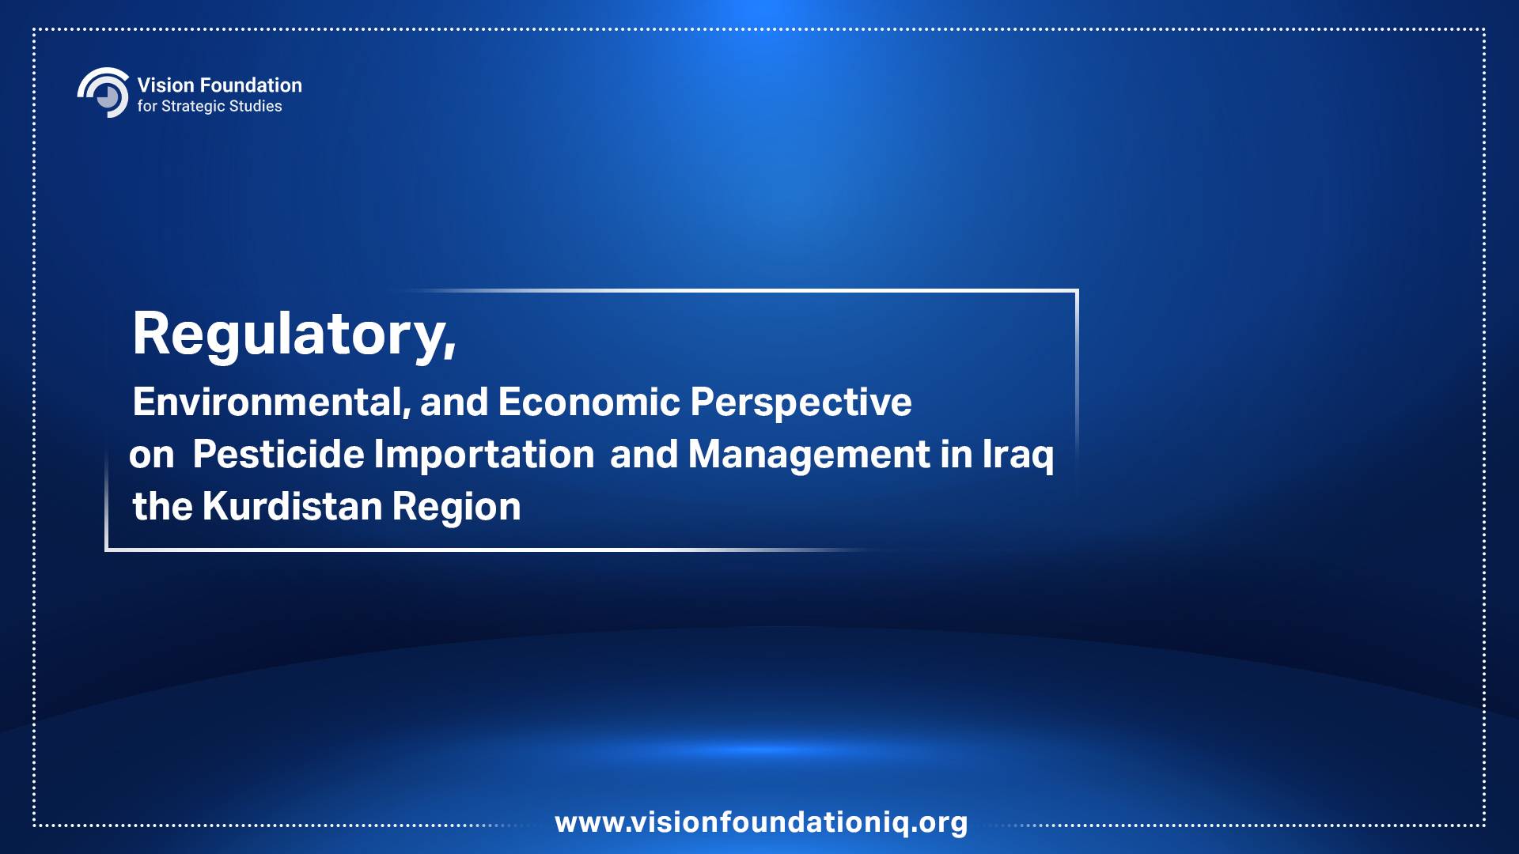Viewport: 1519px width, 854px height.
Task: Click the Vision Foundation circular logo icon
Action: [x=104, y=93]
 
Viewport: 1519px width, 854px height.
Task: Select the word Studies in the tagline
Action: [x=256, y=106]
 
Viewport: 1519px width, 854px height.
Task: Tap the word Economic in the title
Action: [x=589, y=402]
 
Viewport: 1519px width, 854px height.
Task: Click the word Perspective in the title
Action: [x=801, y=403]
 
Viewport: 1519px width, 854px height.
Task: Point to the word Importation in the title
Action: [x=483, y=455]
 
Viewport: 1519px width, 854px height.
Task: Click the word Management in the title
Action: [x=809, y=455]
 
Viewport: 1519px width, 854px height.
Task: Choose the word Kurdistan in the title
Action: [x=293, y=507]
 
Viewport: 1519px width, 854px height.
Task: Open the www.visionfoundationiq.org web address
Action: [x=761, y=822]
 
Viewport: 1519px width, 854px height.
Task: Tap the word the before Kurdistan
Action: [x=163, y=507]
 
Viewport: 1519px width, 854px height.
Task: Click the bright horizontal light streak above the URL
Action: [x=759, y=749]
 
